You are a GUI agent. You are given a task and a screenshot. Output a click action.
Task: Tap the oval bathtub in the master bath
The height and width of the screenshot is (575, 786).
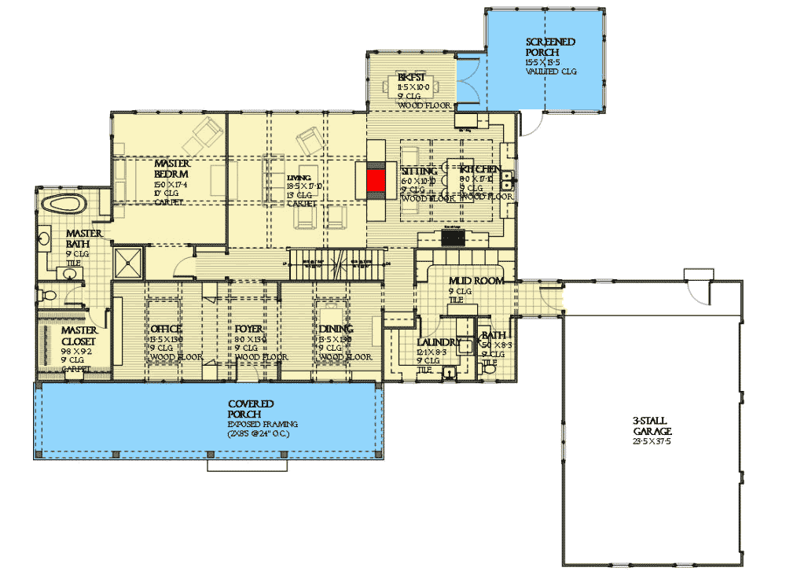tap(64, 205)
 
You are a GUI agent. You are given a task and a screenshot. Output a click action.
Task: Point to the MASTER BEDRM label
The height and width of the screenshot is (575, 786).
tap(172, 168)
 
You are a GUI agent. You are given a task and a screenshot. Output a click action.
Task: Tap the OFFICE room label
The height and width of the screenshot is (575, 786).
tap(165, 329)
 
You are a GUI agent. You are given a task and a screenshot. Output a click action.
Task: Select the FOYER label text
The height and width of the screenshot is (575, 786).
tap(249, 329)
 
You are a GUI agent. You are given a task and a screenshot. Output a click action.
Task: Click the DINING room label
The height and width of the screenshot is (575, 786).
tap(336, 329)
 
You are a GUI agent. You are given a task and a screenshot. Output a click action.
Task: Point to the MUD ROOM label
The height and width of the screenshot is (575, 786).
tap(476, 281)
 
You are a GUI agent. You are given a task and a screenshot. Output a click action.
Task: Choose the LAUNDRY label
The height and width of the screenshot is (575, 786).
tap(439, 342)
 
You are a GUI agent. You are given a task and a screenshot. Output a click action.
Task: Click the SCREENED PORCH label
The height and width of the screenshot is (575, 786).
tap(550, 47)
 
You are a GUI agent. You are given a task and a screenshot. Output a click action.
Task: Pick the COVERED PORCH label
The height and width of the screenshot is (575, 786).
tap(251, 408)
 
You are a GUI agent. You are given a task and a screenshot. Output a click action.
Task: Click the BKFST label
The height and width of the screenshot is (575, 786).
tap(413, 77)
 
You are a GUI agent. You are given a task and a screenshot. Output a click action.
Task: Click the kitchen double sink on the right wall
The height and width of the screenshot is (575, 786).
tap(509, 181)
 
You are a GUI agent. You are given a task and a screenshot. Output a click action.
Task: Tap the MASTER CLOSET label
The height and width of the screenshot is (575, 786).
tap(79, 336)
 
